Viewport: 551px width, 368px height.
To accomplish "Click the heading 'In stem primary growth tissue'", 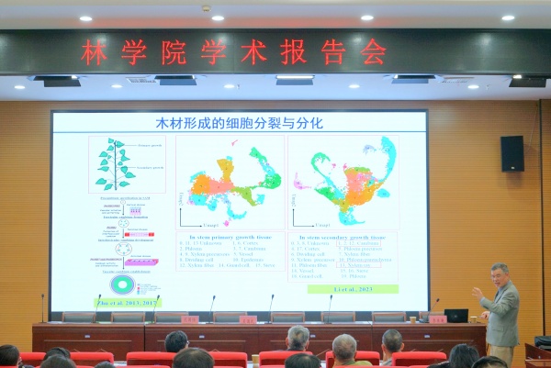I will tap(230, 237).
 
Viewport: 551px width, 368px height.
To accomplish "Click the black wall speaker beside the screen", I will tap(512, 153).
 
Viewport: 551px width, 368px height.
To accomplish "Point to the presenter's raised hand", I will tap(477, 293).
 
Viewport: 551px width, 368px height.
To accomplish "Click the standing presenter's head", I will tap(499, 273).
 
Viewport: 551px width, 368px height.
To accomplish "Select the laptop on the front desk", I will tap(455, 316).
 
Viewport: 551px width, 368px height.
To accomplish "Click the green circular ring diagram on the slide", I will tap(120, 284).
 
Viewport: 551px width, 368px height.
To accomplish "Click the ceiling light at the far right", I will tap(508, 17).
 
